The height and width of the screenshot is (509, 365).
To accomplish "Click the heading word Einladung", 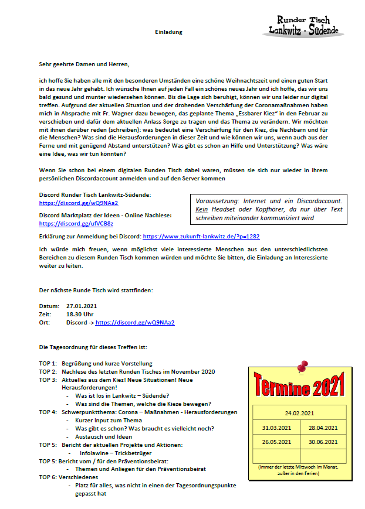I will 168,32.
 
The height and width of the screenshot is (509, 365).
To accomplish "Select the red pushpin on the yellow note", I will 302,367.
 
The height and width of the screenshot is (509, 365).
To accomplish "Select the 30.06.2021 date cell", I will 323,442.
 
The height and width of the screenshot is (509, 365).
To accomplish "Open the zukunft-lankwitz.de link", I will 201,236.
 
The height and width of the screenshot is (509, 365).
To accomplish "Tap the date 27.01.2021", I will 82,306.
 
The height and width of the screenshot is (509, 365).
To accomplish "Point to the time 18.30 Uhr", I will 80,314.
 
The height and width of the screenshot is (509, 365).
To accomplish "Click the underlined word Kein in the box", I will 202,209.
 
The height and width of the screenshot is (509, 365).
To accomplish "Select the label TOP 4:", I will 48,412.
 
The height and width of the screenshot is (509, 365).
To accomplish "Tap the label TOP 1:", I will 48,363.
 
